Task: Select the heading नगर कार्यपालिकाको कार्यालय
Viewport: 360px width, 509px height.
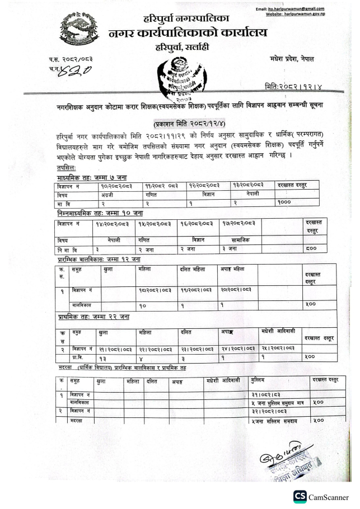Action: coord(188,33)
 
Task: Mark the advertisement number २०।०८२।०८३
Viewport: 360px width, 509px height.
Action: coord(237,290)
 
